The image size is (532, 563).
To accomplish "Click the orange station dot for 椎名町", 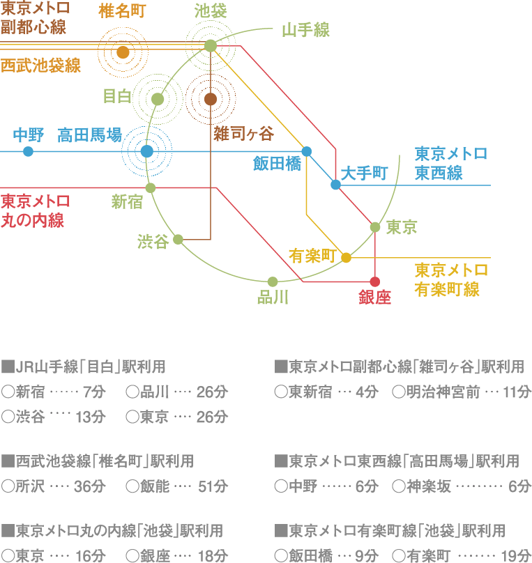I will pos(123,52).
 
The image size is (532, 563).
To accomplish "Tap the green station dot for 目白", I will pos(158,99).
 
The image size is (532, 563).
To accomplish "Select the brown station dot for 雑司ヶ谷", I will pos(211,99).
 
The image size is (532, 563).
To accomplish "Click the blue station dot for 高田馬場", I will pos(146,151).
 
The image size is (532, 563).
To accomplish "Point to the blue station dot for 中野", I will pos(28,151).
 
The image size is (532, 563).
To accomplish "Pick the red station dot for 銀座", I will pos(375,281).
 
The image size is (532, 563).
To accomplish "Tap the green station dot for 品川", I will pos(273,281).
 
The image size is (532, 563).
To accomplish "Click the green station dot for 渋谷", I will pos(178,239).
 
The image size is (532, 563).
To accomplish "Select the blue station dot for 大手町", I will pos(335,185).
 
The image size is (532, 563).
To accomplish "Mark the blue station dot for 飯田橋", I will pos(306,151).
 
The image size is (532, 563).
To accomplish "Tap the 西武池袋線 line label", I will pos(40,66).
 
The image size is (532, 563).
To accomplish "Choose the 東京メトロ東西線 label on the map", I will pos(450,163).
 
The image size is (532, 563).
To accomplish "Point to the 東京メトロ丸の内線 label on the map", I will pos(35,211).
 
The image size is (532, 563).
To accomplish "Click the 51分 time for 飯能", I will pos(213,486).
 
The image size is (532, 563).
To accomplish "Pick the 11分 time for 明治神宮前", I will pos(517,392).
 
